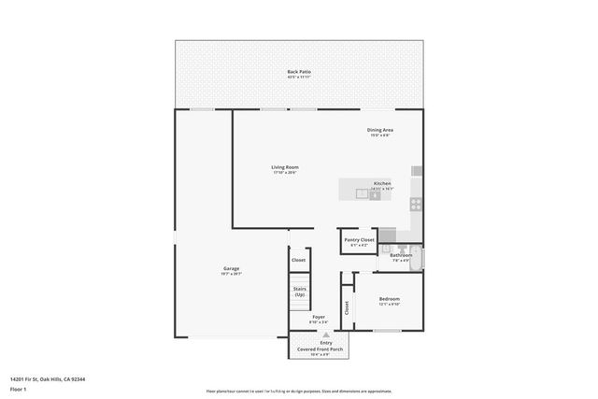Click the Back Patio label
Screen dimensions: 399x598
299,72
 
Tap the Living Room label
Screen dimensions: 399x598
285,167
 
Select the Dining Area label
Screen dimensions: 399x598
379,130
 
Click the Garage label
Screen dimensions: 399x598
231,268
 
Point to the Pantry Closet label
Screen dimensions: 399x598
359,240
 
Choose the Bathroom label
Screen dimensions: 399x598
401,255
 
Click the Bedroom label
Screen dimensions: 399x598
389,300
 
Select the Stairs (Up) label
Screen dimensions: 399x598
299,292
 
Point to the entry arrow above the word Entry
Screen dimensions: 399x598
325,335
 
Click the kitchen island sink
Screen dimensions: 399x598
375,194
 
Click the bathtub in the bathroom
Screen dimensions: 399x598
423,258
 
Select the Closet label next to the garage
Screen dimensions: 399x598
298,260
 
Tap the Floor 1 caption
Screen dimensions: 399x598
19,389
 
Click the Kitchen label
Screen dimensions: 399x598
382,183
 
